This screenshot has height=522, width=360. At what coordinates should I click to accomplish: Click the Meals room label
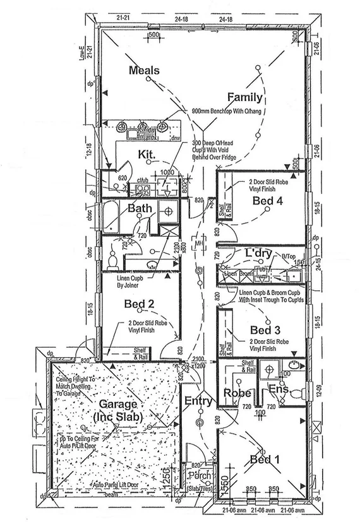144,70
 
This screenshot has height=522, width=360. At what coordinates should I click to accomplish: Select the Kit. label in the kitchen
147,154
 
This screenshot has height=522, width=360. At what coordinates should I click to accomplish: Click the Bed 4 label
267,201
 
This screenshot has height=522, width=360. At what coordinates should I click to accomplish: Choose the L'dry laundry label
258,253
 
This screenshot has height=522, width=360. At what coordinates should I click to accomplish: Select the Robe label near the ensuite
236,393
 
